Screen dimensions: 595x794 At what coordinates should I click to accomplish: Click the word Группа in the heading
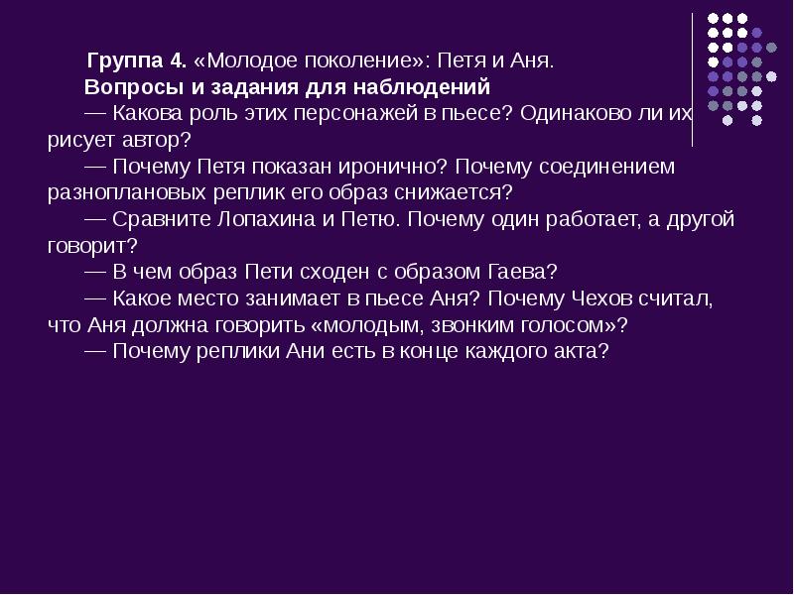pos(121,60)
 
